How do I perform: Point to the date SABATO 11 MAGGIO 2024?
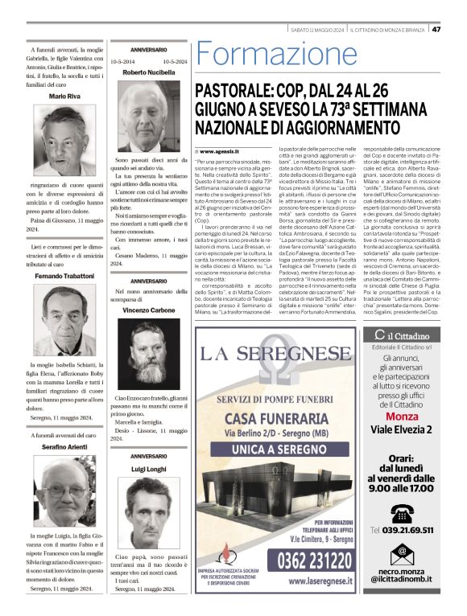[x=318, y=30]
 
